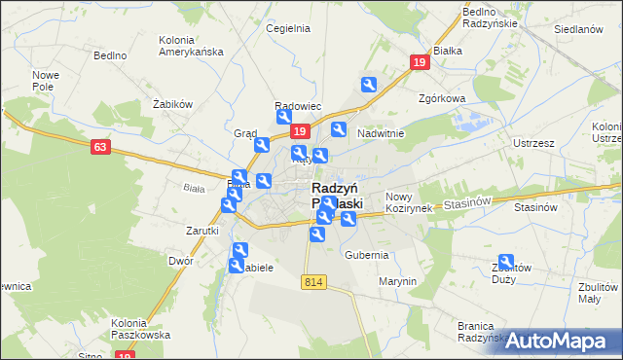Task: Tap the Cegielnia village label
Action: pyautogui.click(x=288, y=28)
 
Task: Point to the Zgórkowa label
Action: pyautogui.click(x=442, y=98)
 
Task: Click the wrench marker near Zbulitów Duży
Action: pyautogui.click(x=506, y=261)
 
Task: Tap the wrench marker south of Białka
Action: pyautogui.click(x=369, y=85)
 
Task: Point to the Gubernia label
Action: pyautogui.click(x=367, y=255)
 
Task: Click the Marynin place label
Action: pyautogui.click(x=398, y=281)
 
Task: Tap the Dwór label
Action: pyautogui.click(x=181, y=261)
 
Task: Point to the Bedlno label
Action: pyautogui.click(x=110, y=55)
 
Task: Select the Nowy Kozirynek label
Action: pyautogui.click(x=408, y=202)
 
